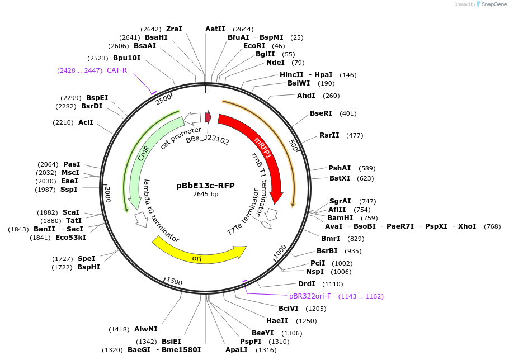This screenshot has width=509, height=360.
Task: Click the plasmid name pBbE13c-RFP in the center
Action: pyautogui.click(x=205, y=186)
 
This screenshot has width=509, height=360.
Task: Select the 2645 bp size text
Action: pyautogui.click(x=205, y=195)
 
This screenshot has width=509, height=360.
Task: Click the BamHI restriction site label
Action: pyautogui.click(x=340, y=217)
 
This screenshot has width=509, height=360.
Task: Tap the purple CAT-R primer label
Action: pyautogui.click(x=117, y=70)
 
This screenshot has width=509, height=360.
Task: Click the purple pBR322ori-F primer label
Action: pyautogui.click(x=310, y=296)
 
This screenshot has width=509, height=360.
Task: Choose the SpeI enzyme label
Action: pyautogui.click(x=86, y=259)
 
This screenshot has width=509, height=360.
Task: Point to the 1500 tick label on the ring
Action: pyautogui.click(x=175, y=281)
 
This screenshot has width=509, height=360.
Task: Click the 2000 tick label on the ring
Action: pyautogui.click(x=108, y=195)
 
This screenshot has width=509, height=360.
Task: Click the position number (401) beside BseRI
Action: pyautogui.click(x=347, y=113)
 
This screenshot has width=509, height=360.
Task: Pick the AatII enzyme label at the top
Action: pyautogui.click(x=215, y=29)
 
